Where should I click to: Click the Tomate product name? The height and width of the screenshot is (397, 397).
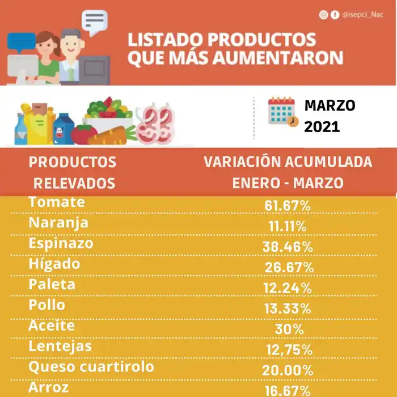click(x=56, y=202)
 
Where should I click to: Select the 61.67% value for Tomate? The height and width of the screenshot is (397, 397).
click(x=288, y=205)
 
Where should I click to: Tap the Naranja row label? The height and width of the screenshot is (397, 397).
click(x=58, y=222)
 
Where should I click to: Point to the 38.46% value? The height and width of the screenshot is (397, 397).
click(x=288, y=247)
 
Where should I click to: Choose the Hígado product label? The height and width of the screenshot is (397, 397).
click(x=54, y=264)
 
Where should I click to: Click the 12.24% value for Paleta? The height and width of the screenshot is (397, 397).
click(x=288, y=288)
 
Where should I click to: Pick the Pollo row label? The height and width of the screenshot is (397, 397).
click(x=47, y=305)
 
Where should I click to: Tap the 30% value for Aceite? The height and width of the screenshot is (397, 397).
click(x=288, y=330)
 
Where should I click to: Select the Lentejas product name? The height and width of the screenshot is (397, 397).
click(x=60, y=346)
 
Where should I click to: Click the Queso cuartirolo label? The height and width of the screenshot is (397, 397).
click(x=91, y=367)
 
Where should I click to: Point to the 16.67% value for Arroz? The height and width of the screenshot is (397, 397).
click(x=288, y=391)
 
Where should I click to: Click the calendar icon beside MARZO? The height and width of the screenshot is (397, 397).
click(x=282, y=112)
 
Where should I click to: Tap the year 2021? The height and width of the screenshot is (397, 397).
click(x=322, y=126)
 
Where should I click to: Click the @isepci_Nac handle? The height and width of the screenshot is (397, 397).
click(x=362, y=15)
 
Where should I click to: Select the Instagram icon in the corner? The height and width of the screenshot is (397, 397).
click(x=323, y=15)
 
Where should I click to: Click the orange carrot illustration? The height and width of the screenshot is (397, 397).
click(x=113, y=136)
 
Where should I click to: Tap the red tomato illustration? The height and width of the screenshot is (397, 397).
click(x=85, y=134)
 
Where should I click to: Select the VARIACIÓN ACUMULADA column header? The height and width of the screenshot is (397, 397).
click(x=288, y=162)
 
